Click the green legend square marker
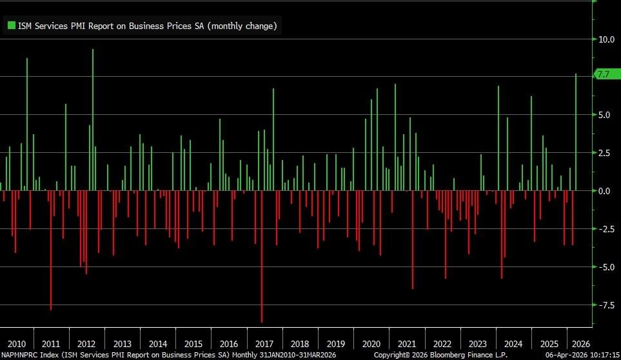coord(11,26)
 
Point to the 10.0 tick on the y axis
coord(606,39)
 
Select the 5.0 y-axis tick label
coord(604,115)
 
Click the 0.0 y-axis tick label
coord(604,191)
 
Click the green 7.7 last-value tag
coord(604,75)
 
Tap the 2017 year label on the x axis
coord(264,344)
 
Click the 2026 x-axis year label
coord(580,344)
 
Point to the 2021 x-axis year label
coord(406,344)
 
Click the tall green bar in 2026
coord(576,132)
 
